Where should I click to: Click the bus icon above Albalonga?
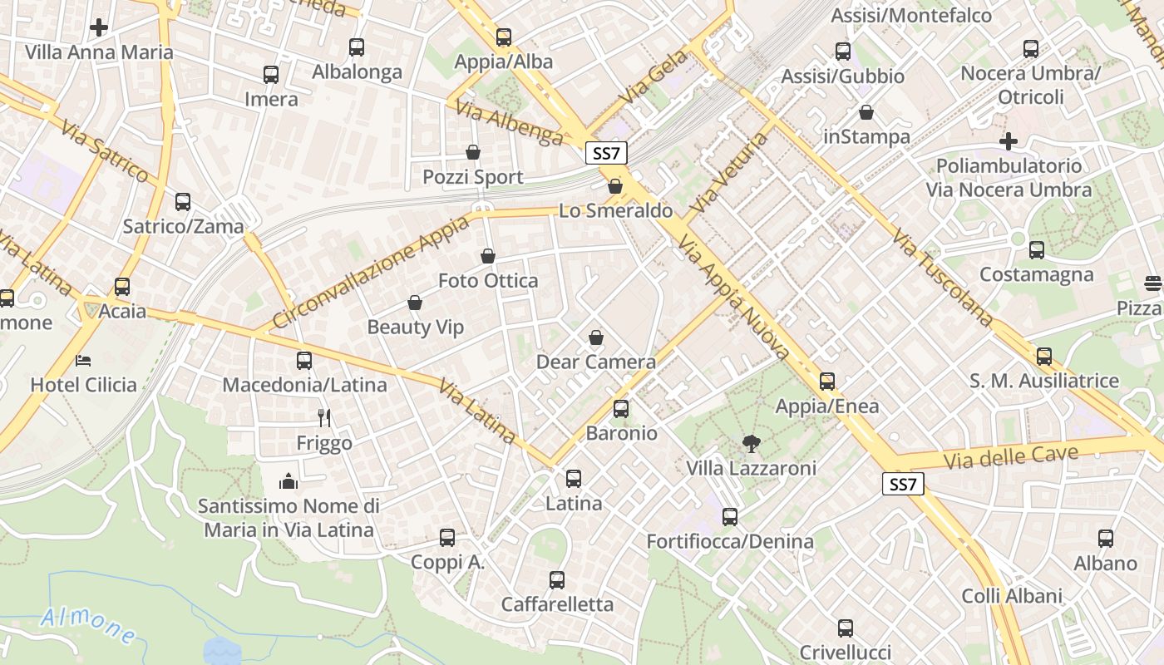(357, 47)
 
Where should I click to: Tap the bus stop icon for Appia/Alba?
(504, 37)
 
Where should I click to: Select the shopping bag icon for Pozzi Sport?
(473, 152)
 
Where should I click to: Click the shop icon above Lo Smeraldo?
(615, 186)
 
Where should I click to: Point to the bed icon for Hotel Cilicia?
(83, 360)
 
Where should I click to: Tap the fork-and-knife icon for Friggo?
(324, 418)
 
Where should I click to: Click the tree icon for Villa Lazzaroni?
(751, 443)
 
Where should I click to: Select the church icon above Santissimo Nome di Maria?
(289, 480)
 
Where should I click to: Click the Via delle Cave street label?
(1011, 456)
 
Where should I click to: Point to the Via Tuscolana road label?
(942, 277)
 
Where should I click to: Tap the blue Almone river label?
(88, 624)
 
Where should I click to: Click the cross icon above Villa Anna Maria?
(99, 27)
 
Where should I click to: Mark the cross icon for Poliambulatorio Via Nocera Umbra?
(1009, 141)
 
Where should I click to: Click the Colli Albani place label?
(1012, 596)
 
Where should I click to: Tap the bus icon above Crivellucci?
(846, 628)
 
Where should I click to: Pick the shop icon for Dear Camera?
(596, 337)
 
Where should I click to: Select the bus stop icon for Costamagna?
(1037, 249)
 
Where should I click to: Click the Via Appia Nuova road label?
(732, 297)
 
